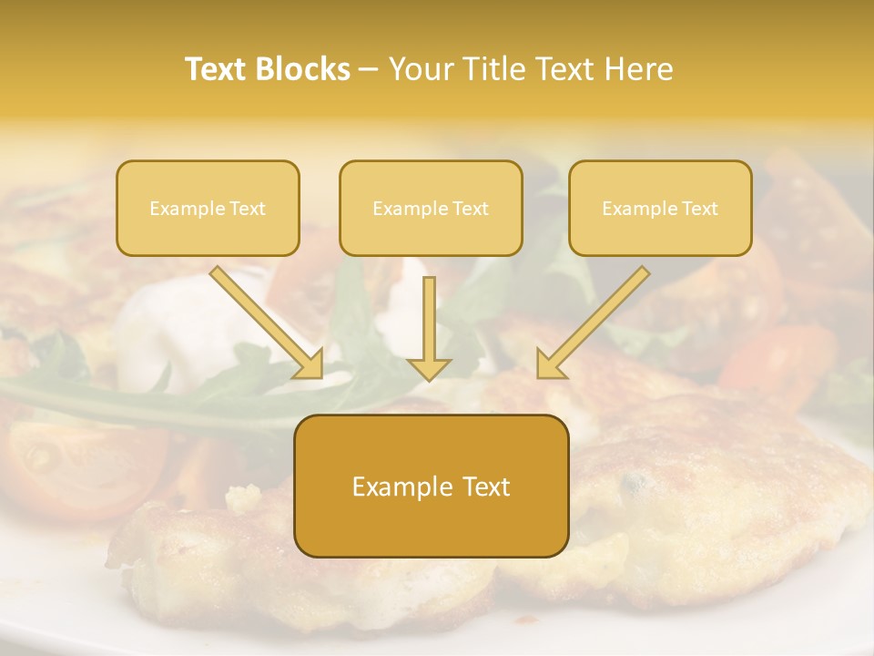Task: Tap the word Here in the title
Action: [x=639, y=69]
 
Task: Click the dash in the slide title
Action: [x=369, y=69]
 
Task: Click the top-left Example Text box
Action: [x=208, y=208]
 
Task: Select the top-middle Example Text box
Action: [x=431, y=208]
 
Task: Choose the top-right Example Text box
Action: [x=660, y=208]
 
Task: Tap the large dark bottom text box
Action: [x=431, y=486]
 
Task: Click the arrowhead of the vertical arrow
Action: [x=429, y=368]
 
